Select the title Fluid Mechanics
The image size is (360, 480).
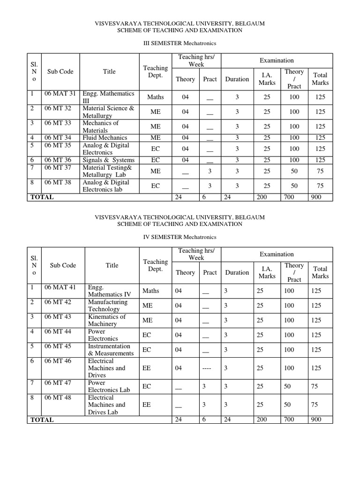[105, 137]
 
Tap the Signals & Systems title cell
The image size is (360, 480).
[108, 160]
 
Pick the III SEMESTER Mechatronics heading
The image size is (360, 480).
[180, 43]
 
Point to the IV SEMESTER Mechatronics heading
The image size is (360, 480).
[180, 237]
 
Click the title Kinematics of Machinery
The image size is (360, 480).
[107, 320]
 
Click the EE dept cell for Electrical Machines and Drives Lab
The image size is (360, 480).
[146, 405]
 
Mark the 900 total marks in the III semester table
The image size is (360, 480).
[316, 197]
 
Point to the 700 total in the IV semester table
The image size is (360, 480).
[289, 420]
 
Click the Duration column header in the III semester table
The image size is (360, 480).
[237, 79]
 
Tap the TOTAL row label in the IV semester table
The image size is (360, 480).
[42, 420]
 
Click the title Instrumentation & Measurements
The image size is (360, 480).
[111, 350]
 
